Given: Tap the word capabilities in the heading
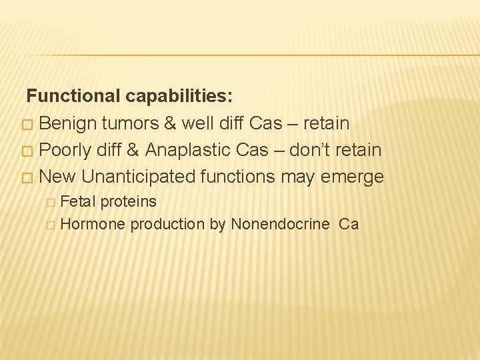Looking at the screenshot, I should coord(178,97).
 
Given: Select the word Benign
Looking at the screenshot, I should coord(70,123).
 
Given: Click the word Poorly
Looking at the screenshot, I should coord(65,150).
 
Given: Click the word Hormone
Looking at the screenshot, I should coord(92,225).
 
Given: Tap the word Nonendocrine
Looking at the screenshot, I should coord(280,225).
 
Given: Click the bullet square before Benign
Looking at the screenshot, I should coord(26,125).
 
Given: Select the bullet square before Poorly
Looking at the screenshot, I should coord(26,151).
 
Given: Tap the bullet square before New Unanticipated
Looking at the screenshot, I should coord(26,178).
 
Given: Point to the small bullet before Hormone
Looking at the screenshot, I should coord(51,225).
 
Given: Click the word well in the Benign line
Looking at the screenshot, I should coord(205,123).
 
